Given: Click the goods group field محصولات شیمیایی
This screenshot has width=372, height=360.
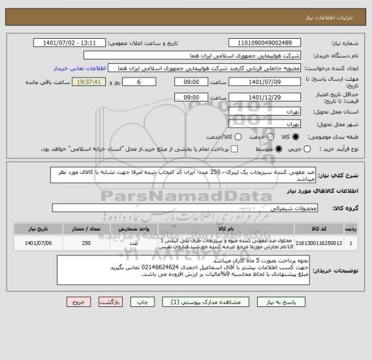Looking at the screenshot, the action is point(181,207).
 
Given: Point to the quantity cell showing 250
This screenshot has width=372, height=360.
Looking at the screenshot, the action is point(87,244).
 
